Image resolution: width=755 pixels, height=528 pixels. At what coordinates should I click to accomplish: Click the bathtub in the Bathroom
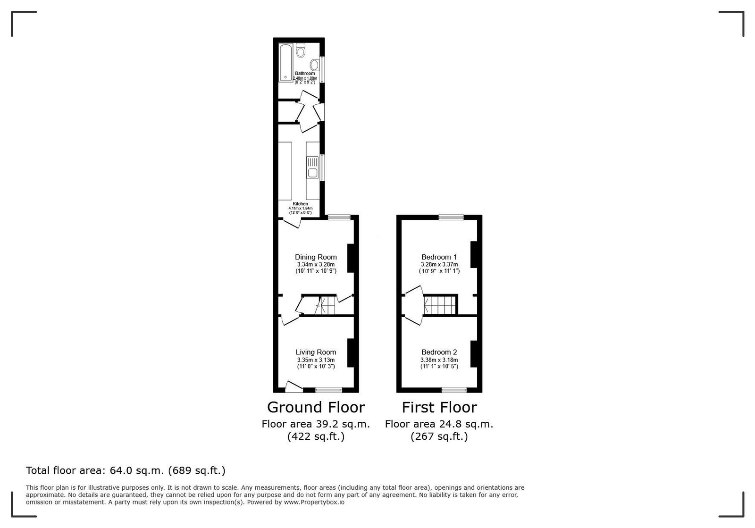pos(286,62)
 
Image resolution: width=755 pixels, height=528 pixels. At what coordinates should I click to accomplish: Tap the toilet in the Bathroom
pos(301,50)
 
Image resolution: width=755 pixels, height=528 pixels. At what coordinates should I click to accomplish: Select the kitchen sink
pos(312,167)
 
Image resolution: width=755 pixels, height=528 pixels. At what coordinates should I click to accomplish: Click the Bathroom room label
pos(305,73)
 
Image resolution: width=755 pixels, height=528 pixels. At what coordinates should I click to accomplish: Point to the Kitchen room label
pos(300,204)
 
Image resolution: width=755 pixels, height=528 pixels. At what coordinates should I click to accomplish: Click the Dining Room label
pos(316,257)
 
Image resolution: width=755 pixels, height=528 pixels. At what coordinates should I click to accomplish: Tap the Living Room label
pos(316,352)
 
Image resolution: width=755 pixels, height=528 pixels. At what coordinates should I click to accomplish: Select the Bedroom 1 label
pos(439,257)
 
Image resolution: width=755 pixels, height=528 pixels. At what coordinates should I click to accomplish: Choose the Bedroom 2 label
pos(439,352)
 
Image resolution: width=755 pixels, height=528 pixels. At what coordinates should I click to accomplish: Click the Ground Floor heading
pos(316,407)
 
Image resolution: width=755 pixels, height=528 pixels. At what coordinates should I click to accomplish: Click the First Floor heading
pos(439,407)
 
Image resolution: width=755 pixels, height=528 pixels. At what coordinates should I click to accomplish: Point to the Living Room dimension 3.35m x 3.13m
pos(316,360)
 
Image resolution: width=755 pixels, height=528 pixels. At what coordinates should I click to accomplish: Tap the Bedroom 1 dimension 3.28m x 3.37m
pos(439,265)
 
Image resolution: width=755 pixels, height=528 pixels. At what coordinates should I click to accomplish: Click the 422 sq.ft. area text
pos(316,436)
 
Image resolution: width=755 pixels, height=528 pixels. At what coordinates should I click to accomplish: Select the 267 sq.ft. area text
pos(439,436)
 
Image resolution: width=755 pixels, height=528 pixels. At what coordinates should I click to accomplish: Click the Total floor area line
pos(126,470)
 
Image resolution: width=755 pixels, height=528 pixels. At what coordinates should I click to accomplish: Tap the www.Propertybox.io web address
pos(314,502)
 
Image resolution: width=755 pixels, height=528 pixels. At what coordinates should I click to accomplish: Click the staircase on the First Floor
pos(440,305)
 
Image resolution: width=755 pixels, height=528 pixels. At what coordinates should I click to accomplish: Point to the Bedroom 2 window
pos(454,390)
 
